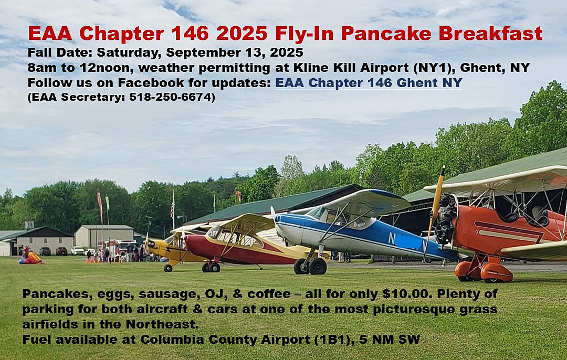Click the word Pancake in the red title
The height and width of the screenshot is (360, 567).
[386, 34]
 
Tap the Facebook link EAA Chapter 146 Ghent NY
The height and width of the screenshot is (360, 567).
[369, 83]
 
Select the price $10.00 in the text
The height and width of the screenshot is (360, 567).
[407, 294]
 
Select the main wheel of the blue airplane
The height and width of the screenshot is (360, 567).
[318, 266]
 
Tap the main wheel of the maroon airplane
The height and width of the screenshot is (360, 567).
[214, 267]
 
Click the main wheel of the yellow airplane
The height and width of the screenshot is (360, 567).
[168, 268]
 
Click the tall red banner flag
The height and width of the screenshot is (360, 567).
[99, 203]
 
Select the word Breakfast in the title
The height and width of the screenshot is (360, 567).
[491, 34]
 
